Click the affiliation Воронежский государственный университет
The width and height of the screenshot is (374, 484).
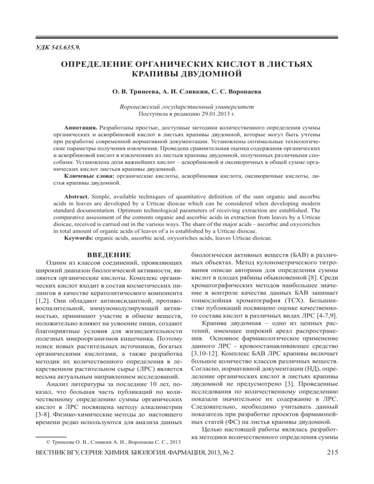click(187, 119)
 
